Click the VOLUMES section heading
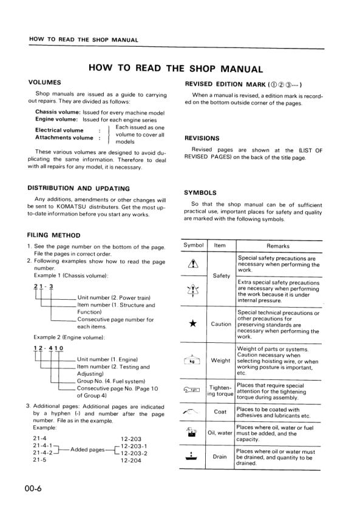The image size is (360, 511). tap(44, 81)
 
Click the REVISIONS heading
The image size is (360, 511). tap(202, 138)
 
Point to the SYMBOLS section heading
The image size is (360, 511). tap(200, 192)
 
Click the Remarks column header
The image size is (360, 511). tap(277, 246)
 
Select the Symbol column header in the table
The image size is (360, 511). tap(193, 245)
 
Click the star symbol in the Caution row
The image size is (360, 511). tap(192, 323)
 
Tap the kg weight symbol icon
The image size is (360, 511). tap(192, 360)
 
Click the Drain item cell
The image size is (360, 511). tap(220, 456)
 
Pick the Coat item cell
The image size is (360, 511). tap(220, 412)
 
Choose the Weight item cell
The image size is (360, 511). tap(220, 360)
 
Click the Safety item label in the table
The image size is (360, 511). tap(222, 276)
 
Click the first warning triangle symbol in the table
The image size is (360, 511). tap(193, 263)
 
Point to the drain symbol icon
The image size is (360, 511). tap(192, 456)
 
